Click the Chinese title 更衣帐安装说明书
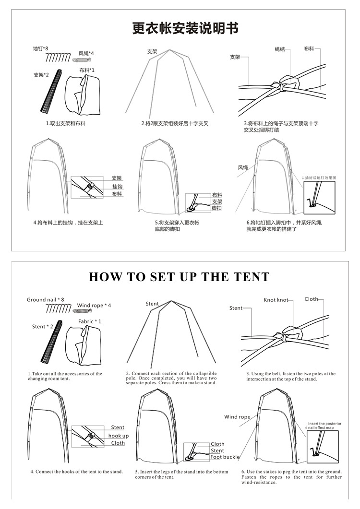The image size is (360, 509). [185, 28]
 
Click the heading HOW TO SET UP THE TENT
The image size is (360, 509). [179, 277]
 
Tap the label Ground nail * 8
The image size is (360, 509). [45, 300]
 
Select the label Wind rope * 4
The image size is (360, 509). [94, 306]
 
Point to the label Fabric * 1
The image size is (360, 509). [90, 321]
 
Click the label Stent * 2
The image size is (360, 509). [43, 327]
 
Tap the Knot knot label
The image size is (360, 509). [276, 300]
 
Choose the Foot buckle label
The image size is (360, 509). [225, 457]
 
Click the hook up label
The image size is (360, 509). [118, 436]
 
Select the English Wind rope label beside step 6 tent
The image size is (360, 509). [237, 417]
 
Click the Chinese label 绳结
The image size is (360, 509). [280, 49]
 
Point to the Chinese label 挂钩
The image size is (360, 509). [117, 186]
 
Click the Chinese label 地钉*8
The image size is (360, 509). [41, 49]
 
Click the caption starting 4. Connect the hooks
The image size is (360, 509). [76, 472]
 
